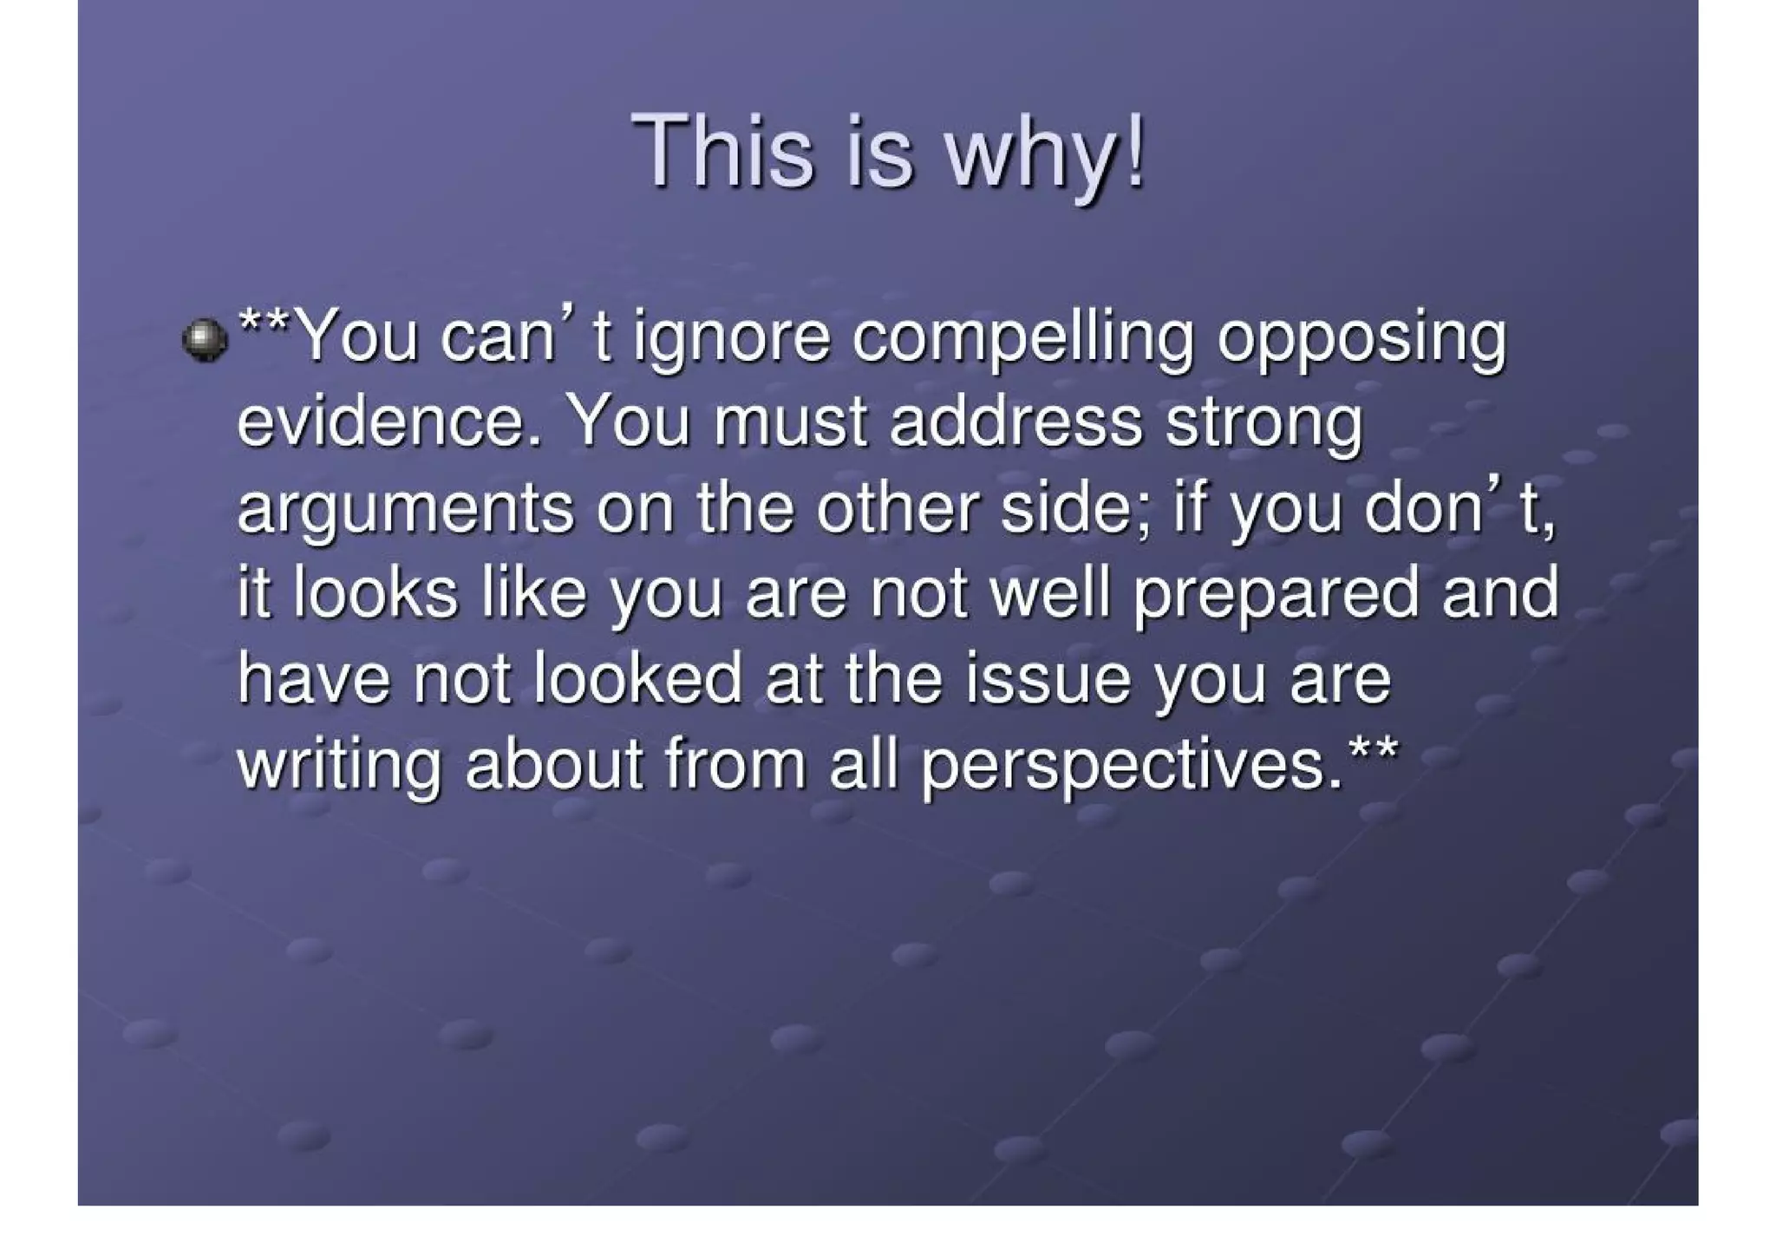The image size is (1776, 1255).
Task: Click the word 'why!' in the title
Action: tap(1045, 154)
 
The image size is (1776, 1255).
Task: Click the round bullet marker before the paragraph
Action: tap(205, 340)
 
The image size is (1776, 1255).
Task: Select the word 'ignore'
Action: tap(731, 340)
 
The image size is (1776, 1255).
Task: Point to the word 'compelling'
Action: tap(1023, 340)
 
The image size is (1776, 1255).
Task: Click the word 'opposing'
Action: tap(1361, 340)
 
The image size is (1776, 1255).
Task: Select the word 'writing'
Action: tap(338, 767)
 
